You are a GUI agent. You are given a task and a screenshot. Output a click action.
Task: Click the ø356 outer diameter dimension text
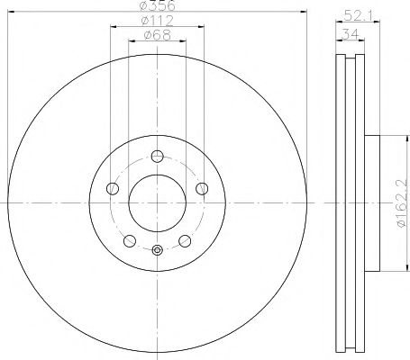(157, 7)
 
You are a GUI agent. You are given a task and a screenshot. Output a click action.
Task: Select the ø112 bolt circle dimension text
(157, 22)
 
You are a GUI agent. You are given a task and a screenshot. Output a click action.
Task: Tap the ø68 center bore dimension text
(157, 36)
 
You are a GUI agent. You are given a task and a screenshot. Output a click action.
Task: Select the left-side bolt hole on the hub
(113, 189)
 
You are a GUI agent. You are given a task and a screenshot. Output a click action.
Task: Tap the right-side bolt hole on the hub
(201, 189)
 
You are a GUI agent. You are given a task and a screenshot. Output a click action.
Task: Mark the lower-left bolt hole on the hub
(129, 240)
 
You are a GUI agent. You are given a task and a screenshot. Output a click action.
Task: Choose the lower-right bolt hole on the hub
(185, 240)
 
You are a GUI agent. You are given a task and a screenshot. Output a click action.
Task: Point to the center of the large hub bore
(157, 200)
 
